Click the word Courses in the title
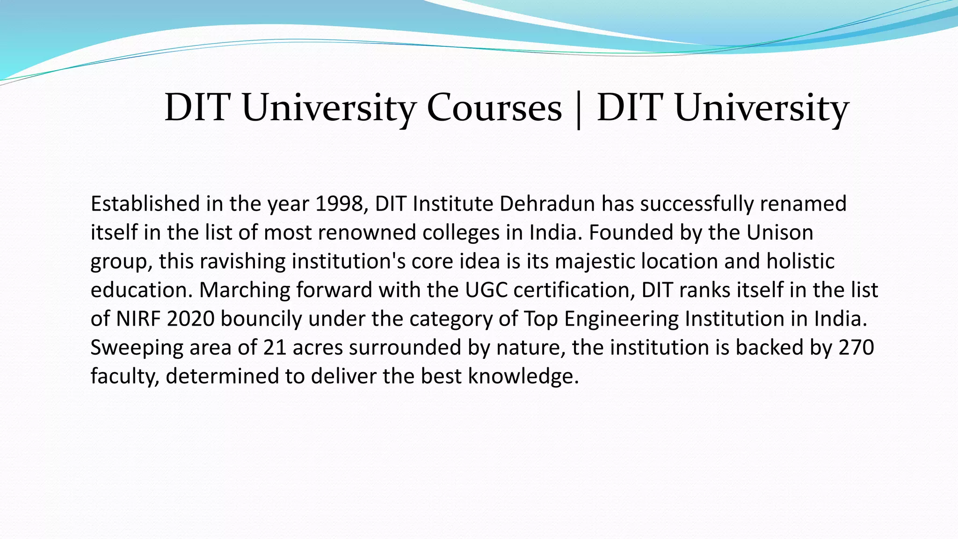(494, 108)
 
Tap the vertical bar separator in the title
(579, 110)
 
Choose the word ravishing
(242, 261)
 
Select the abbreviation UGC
(486, 290)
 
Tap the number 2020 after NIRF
(191, 319)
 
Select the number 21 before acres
(275, 348)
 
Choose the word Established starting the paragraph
(145, 204)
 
